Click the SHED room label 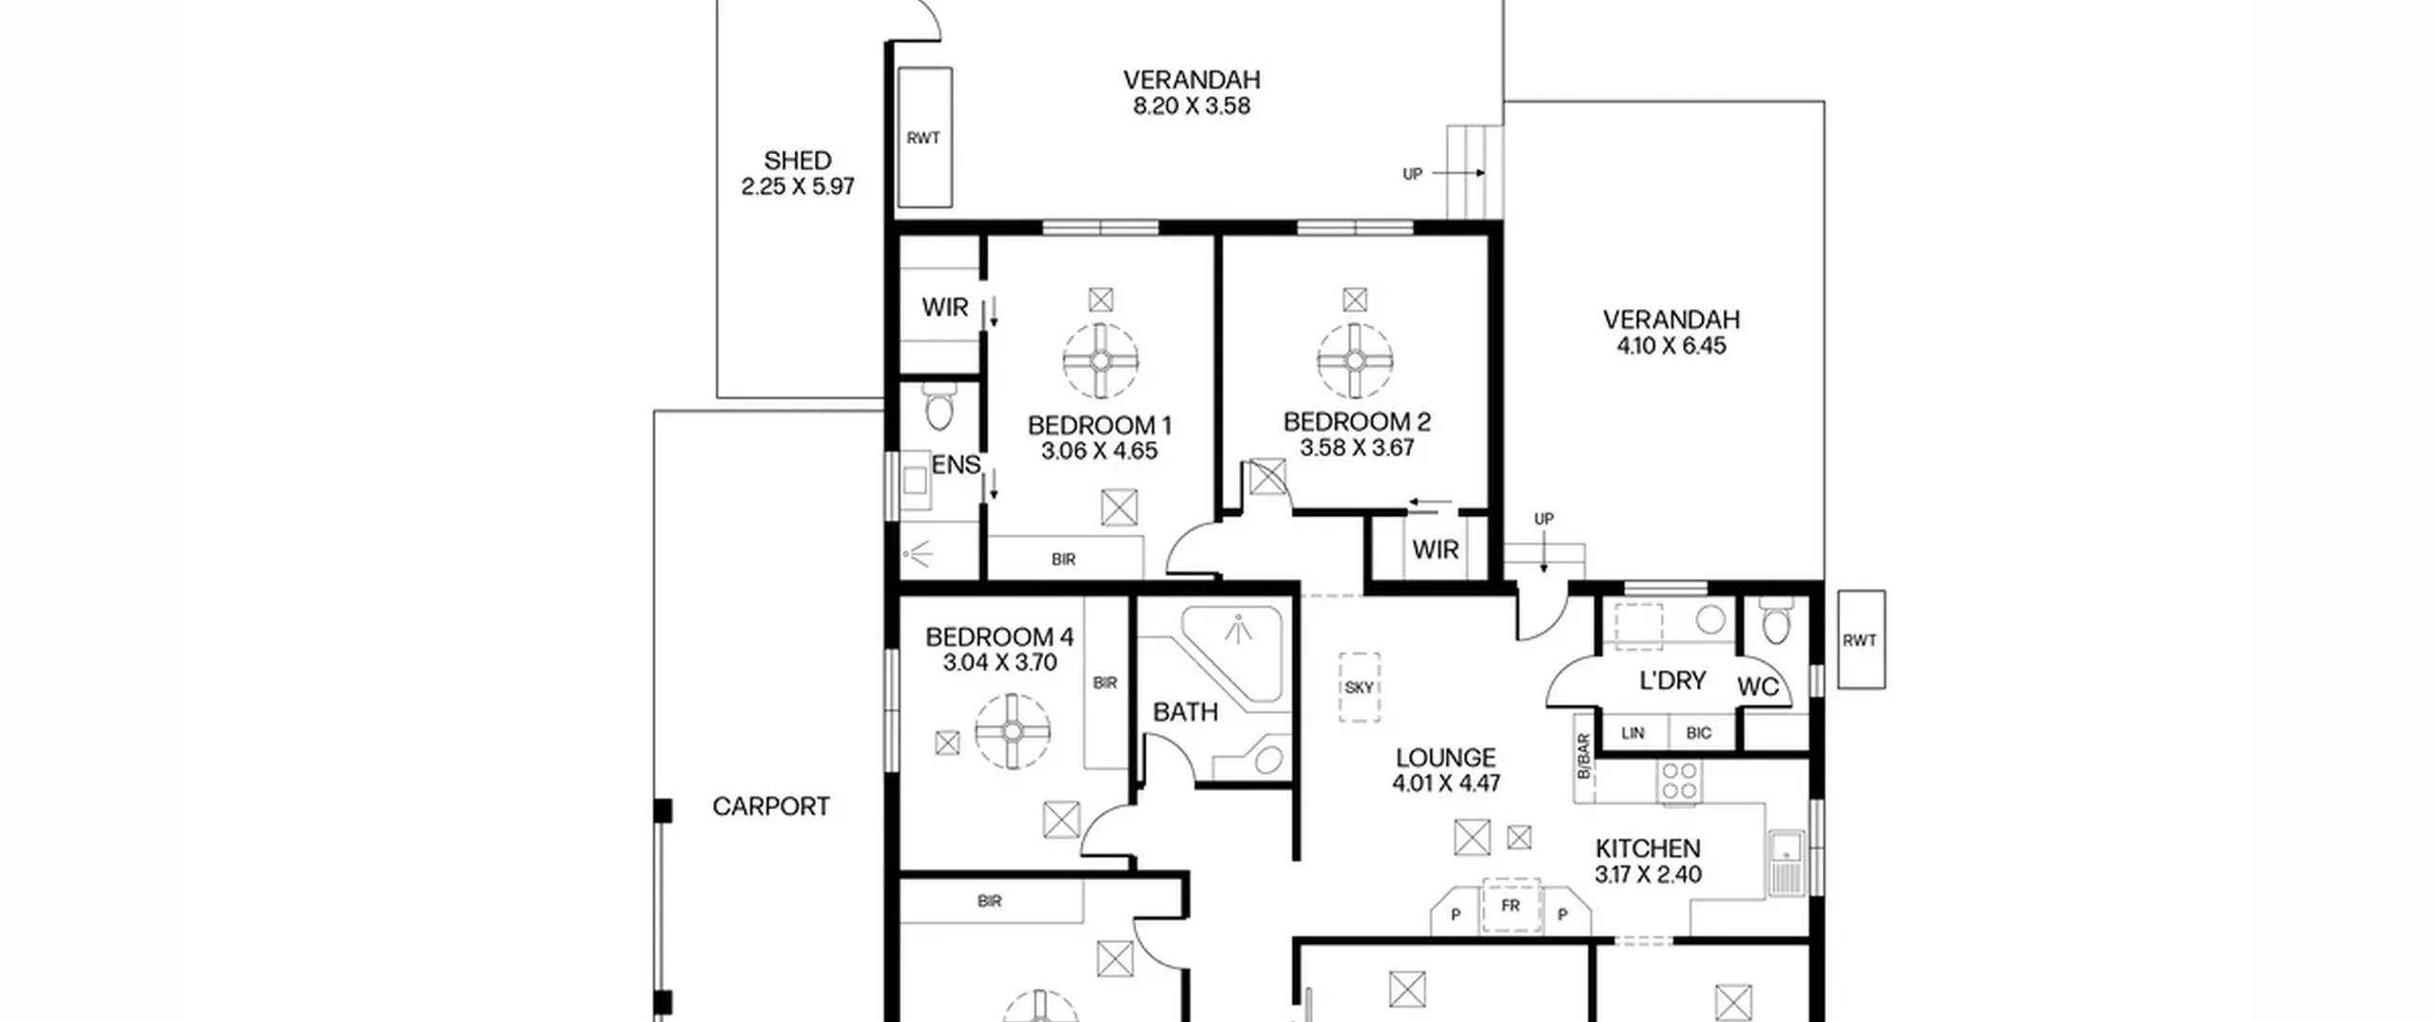tap(798, 161)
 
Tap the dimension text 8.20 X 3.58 tap(1191, 106)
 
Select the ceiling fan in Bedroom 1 tap(1101, 361)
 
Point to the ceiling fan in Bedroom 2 tap(1355, 361)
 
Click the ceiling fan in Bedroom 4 tap(1013, 731)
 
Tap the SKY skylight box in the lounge tap(1360, 687)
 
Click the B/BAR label tap(1583, 757)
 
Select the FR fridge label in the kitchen tap(1511, 906)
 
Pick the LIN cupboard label tap(1632, 733)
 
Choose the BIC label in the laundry tap(1698, 733)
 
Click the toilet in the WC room tap(1776, 620)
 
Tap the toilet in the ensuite tap(939, 407)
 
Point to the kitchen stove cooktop tap(1680, 781)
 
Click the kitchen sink tap(1787, 862)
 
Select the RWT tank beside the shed tap(925, 138)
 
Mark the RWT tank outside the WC tap(1861, 640)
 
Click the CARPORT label tap(771, 807)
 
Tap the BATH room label tap(1186, 712)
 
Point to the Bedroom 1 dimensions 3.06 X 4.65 tap(1099, 452)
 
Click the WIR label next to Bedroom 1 tap(945, 307)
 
